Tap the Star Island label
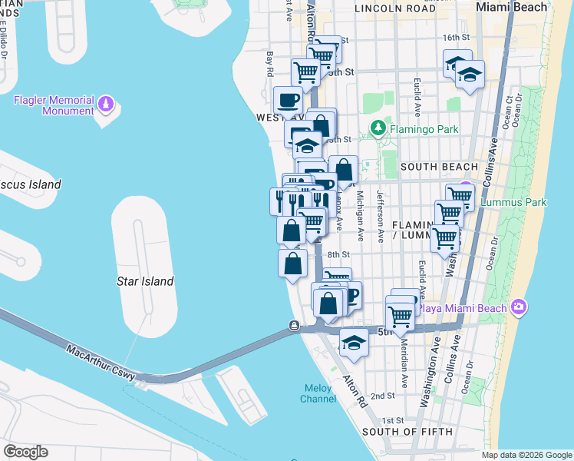tap(145, 281)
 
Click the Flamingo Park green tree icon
tap(377, 127)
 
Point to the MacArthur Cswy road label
tap(101, 363)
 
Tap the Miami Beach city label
tap(512, 7)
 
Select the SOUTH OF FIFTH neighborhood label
tap(406, 431)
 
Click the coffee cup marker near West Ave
tap(289, 100)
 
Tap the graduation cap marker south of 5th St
tap(354, 342)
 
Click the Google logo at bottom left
tap(25, 451)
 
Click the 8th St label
tap(338, 254)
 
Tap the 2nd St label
tap(382, 396)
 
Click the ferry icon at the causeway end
tap(294, 326)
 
